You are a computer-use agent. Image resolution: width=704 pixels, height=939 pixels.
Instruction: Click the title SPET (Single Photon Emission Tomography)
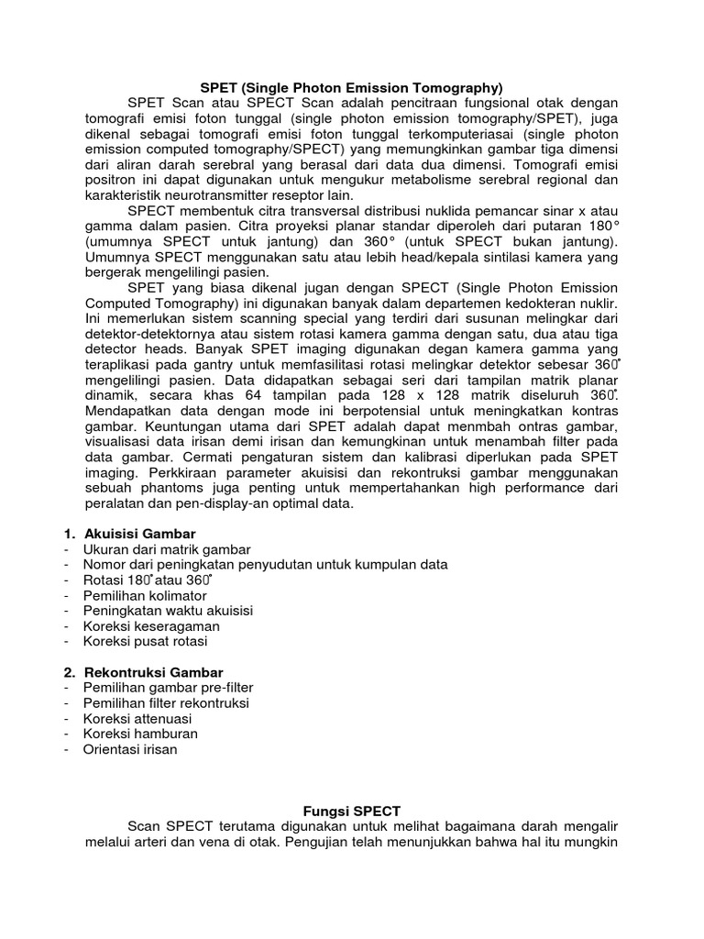click(x=352, y=88)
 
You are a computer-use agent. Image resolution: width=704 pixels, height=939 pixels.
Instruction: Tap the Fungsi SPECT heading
click(x=352, y=811)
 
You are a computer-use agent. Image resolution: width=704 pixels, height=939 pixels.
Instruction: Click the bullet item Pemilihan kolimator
click(x=145, y=595)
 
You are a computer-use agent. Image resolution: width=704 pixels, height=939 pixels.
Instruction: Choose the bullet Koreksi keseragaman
click(x=151, y=626)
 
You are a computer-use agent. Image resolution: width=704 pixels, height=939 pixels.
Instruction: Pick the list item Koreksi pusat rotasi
click(x=146, y=642)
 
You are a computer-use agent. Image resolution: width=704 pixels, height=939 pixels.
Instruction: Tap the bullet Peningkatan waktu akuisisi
click(x=168, y=611)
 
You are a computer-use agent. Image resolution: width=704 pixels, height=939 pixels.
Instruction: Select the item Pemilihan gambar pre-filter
click(x=168, y=688)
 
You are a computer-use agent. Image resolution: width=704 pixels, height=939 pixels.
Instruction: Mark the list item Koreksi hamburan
click(x=140, y=735)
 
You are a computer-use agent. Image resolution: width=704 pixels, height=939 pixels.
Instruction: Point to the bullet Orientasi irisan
click(x=130, y=750)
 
